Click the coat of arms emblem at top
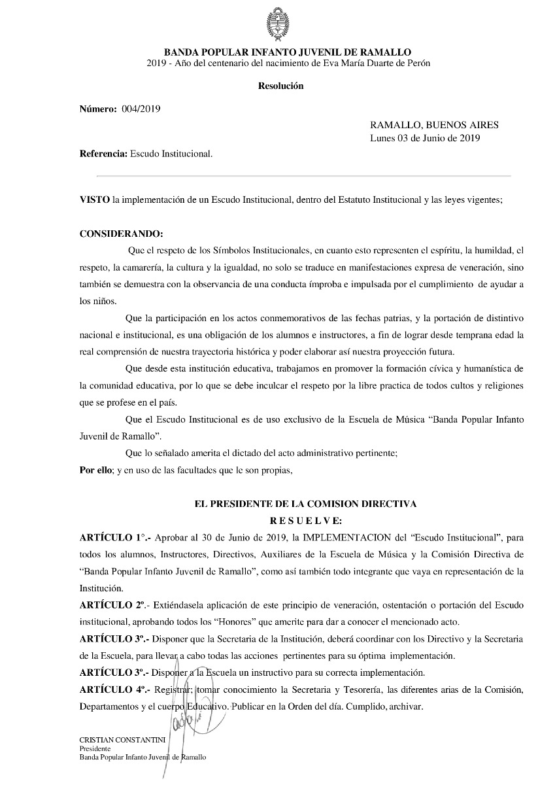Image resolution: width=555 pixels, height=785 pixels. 277,24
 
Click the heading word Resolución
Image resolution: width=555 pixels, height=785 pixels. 280,86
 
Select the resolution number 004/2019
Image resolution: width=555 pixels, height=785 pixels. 141,109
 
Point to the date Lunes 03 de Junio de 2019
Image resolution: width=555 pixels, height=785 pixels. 425,137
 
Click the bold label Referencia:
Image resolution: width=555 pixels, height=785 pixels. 103,154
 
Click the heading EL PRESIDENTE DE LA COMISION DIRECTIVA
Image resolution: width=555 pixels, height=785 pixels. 305,504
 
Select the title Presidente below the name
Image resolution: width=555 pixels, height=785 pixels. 95,748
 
